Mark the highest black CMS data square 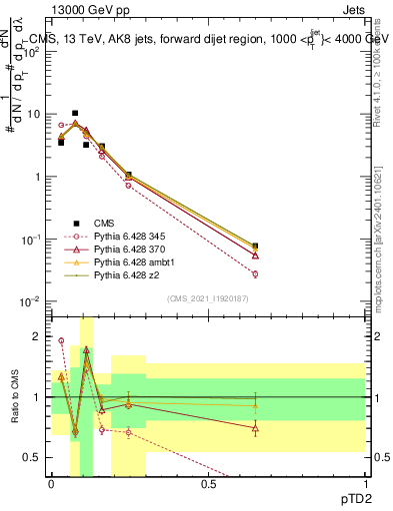pyautogui.click(x=75, y=114)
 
